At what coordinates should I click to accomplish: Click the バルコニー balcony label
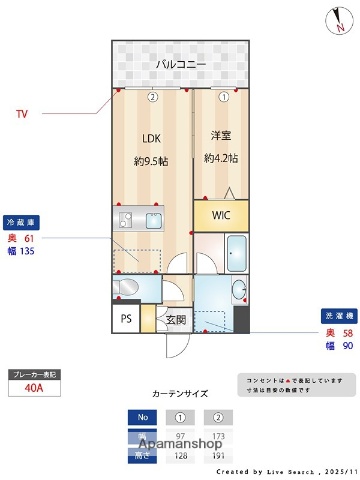(x=181, y=65)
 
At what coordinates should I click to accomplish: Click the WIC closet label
(x=223, y=212)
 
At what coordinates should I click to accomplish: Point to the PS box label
(x=126, y=320)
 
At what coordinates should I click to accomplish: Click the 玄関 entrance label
(x=176, y=320)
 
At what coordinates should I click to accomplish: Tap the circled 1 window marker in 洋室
(x=224, y=98)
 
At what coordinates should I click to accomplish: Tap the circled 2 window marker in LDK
(x=152, y=98)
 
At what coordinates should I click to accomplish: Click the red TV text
(x=22, y=114)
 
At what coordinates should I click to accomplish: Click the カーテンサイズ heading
(x=180, y=394)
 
